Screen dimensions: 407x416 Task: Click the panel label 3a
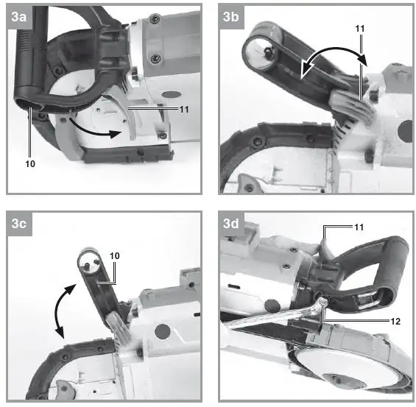click(x=19, y=20)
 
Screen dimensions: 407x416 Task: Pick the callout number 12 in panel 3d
click(x=376, y=322)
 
